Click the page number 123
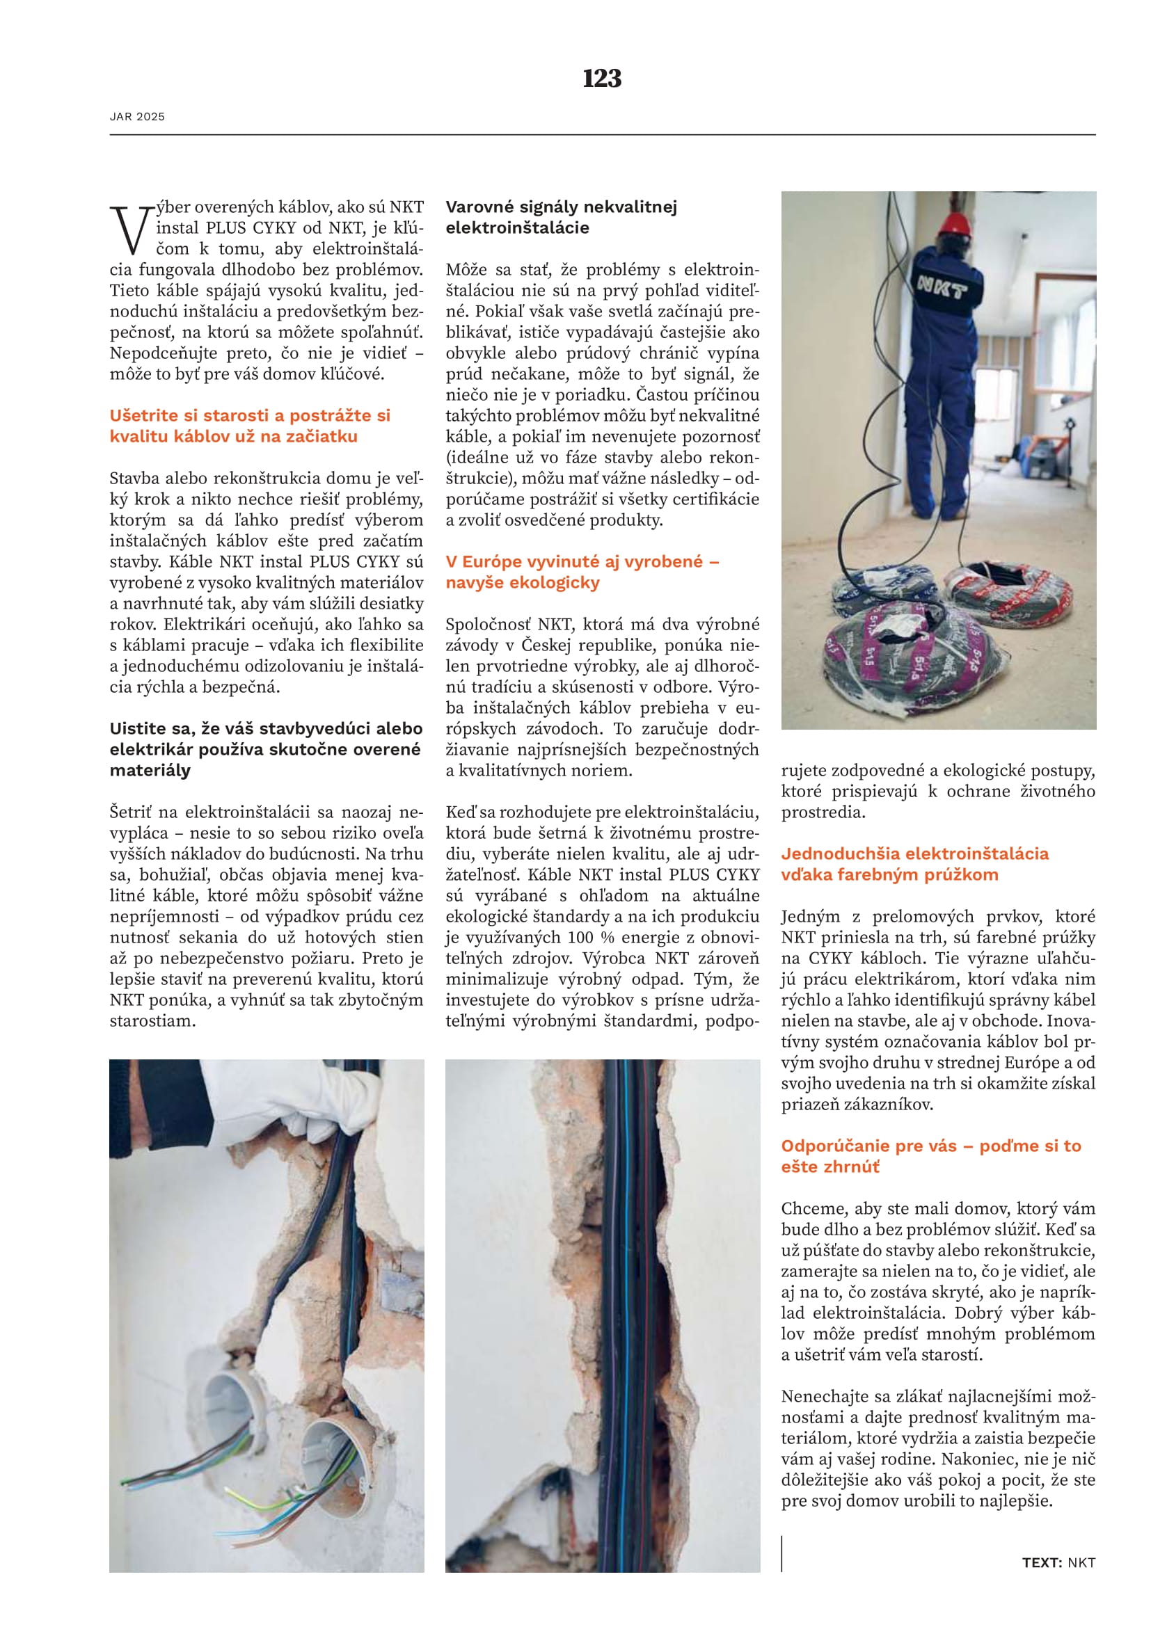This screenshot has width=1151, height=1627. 602,78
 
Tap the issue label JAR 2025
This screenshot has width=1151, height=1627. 138,117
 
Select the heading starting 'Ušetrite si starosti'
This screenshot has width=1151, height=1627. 250,426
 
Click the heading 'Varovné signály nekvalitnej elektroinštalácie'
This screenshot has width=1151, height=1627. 561,218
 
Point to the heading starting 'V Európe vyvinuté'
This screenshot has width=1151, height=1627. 582,572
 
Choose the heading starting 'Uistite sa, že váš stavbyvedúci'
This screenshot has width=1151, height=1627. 266,749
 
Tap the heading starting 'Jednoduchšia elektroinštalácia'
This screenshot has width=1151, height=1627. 914,864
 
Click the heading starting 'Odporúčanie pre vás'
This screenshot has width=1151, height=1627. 930,1156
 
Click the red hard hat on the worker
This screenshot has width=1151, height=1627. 955,223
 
